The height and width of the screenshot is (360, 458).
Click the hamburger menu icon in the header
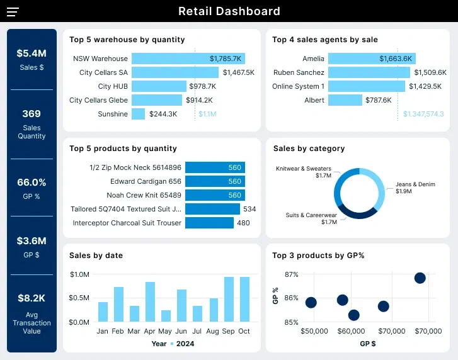pos(13,11)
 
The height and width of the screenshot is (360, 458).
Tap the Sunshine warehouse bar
pos(139,114)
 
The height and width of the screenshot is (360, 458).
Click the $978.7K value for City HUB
pos(202,86)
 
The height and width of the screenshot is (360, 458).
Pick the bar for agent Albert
pos(345,100)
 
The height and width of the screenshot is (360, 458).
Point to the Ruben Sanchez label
pos(299,72)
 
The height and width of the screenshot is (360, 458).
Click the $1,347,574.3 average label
pos(423,114)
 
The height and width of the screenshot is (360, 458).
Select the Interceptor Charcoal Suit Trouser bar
pos(209,223)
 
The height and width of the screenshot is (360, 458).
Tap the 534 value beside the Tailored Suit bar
pos(249,209)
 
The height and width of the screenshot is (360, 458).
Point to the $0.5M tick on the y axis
pos(79,298)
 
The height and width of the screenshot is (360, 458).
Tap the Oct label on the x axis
pos(244,331)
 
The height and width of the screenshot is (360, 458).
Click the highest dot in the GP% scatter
pos(420,278)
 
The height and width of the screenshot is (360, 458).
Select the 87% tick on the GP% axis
pos(291,274)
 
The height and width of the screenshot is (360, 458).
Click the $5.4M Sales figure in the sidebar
pos(31,53)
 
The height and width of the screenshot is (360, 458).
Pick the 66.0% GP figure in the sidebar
pos(31,183)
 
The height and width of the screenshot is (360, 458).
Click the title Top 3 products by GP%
pos(318,256)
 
